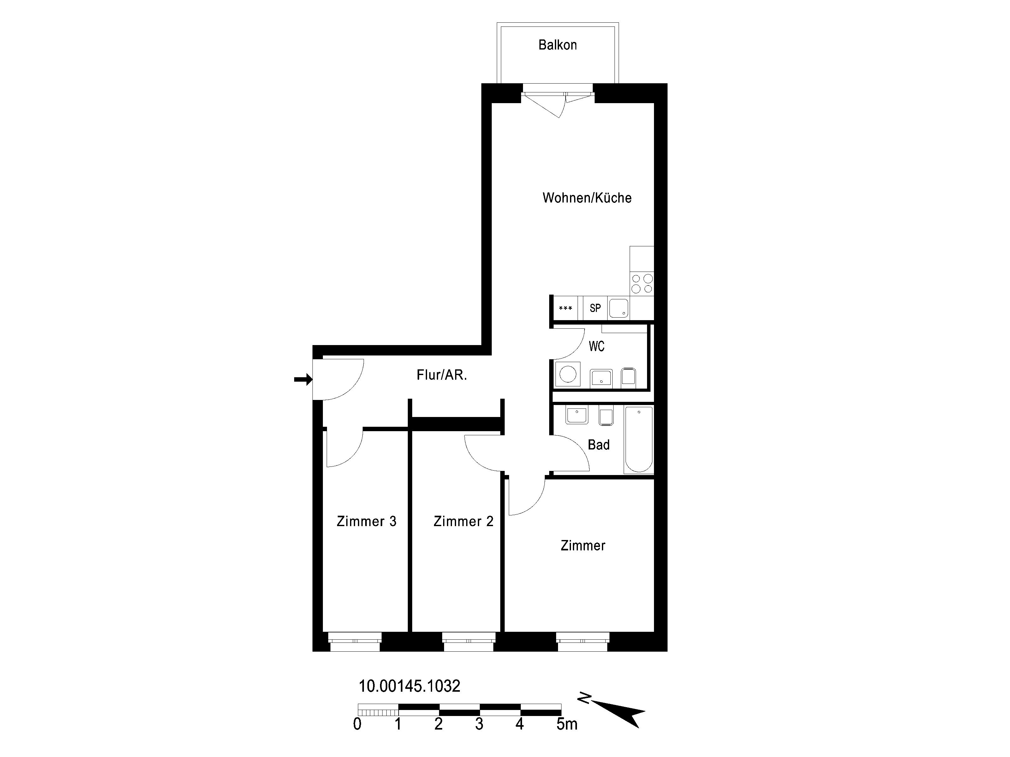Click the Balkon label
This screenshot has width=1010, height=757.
click(557, 45)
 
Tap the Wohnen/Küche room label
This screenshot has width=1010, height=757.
click(587, 197)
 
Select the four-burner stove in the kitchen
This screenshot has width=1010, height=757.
click(642, 283)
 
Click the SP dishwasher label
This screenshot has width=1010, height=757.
click(595, 308)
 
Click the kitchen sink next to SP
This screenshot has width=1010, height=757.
click(619, 308)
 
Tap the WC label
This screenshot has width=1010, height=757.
click(596, 346)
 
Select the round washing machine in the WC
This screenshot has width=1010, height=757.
click(567, 374)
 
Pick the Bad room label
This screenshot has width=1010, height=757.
click(599, 444)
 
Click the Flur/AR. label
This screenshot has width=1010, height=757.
click(442, 375)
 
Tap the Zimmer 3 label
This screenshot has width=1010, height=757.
click(366, 521)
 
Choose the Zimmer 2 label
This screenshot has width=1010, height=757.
click(463, 521)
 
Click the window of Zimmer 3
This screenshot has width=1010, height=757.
click(355, 642)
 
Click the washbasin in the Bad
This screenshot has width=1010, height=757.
click(577, 415)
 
